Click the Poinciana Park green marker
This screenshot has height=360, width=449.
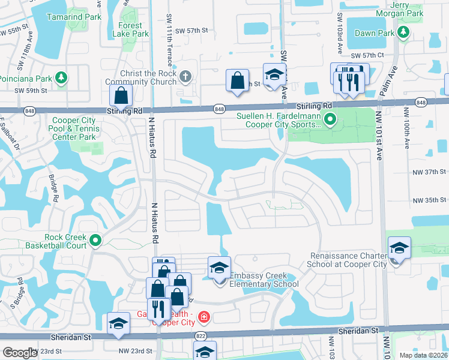click(61, 78)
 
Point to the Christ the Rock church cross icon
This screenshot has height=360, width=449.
click(185, 76)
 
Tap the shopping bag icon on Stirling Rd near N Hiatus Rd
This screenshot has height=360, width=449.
click(121, 95)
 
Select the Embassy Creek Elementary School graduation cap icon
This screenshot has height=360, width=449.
click(220, 267)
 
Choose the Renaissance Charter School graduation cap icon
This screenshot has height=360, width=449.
click(399, 248)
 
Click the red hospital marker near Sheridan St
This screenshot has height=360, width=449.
click(205, 316)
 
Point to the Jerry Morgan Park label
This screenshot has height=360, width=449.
click(409, 9)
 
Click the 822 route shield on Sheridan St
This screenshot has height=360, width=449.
click(200, 337)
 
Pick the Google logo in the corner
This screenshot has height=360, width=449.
click(20, 353)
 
